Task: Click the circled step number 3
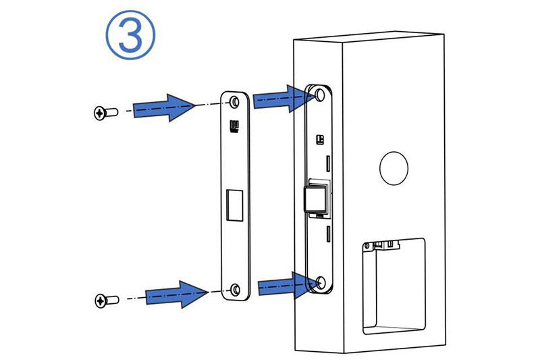coord(130,35)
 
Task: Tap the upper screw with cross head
coord(106,113)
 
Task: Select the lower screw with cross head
coord(107,301)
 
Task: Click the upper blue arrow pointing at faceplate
coord(163,107)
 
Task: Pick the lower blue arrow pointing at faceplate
coord(177,294)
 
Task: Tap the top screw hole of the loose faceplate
coord(235,102)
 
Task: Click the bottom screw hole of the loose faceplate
coord(236,289)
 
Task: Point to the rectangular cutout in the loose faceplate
coord(234,205)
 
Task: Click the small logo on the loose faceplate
coord(234,126)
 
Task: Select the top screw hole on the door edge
coord(320,95)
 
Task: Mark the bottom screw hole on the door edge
coord(321,282)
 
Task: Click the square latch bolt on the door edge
coord(315,198)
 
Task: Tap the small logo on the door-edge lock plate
coord(320,140)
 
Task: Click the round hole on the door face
coord(394,168)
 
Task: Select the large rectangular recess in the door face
coord(394,286)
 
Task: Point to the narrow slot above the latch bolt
coord(328,163)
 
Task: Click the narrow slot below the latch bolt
coord(328,234)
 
